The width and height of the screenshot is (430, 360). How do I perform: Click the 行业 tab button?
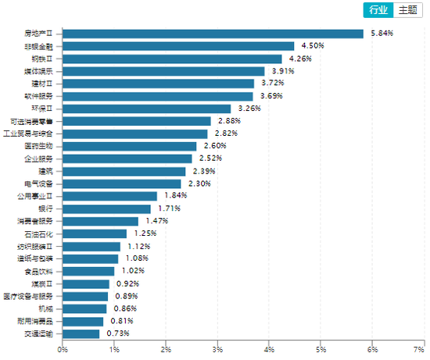(378, 10)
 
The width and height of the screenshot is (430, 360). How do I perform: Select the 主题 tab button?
(407, 10)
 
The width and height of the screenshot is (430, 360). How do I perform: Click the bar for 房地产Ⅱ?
(213, 34)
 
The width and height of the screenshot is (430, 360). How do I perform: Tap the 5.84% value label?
(380, 34)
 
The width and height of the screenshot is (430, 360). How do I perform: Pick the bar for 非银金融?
(178, 46)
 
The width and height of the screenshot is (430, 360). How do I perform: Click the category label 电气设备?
(39, 184)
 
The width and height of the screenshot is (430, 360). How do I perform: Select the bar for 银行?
(106, 209)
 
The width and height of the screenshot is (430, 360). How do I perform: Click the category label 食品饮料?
(39, 271)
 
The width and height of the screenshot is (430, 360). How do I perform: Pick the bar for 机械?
(84, 308)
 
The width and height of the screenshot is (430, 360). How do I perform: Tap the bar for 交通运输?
(81, 333)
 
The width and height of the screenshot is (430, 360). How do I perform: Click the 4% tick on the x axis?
(269, 349)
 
